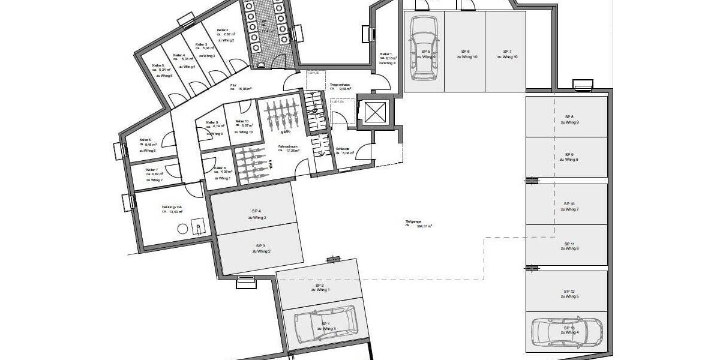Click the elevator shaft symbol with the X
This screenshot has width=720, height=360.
point(373,112)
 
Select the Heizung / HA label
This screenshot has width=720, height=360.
point(172,209)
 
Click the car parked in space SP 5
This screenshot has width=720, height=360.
point(424,48)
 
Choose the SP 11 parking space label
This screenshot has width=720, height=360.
point(569,245)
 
